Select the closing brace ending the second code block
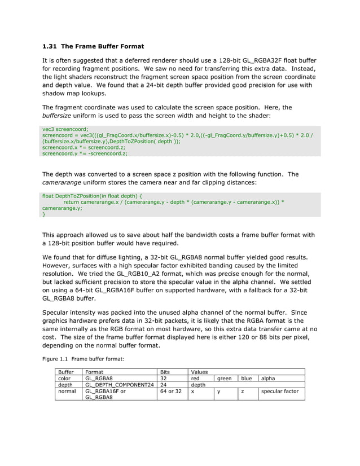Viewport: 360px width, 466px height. pyautogui.click(x=44, y=214)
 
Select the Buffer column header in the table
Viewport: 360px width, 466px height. pyautogui.click(x=66, y=372)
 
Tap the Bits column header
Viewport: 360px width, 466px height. pyautogui.click(x=165, y=372)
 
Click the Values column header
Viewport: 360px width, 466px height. pyautogui.click(x=200, y=372)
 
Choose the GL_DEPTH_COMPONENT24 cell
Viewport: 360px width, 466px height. pyautogui.click(x=119, y=385)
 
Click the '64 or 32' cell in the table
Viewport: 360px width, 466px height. pyautogui.click(x=171, y=391)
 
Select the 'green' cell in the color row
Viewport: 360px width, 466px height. pyautogui.click(x=225, y=379)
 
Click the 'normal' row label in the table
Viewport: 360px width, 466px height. pyautogui.click(x=67, y=391)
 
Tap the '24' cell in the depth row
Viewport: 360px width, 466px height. pyautogui.click(x=164, y=385)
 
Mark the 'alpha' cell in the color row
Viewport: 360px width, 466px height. pyautogui.click(x=267, y=379)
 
